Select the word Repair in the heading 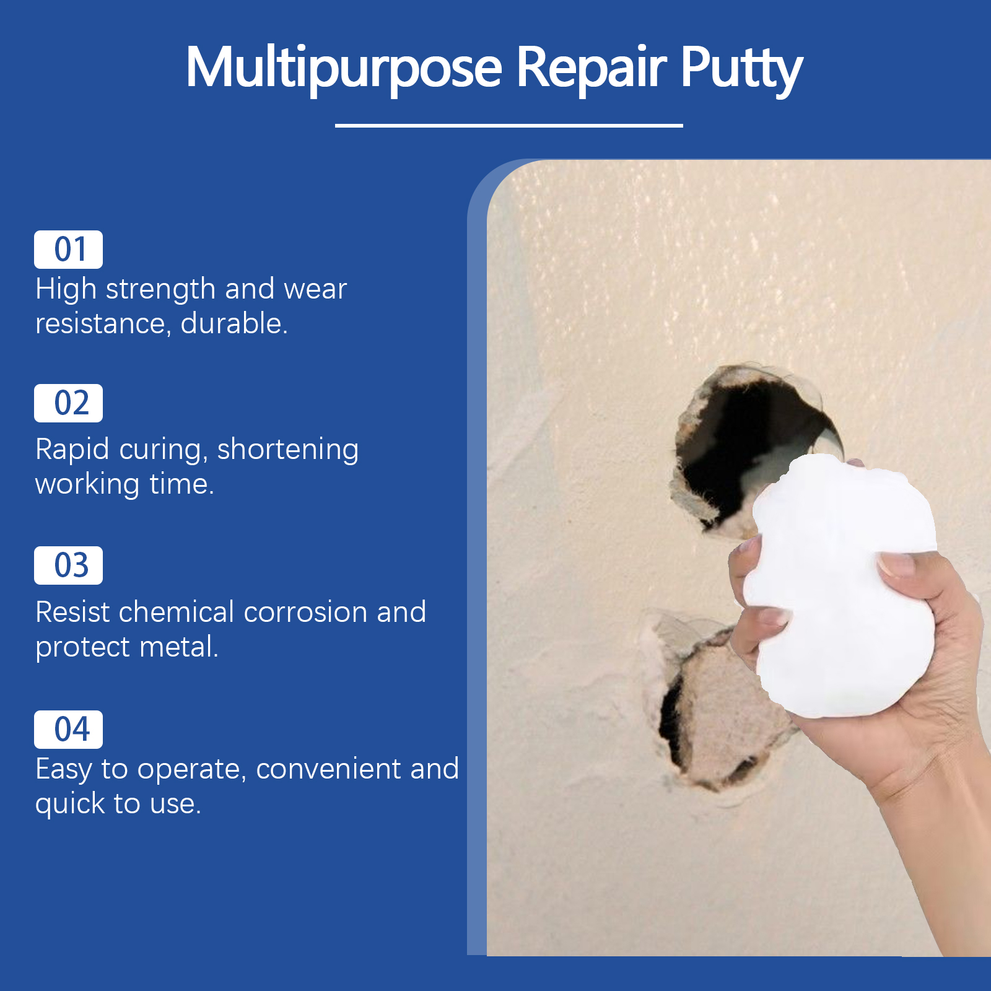[x=592, y=67]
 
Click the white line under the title [x=509, y=126]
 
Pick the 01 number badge [x=68, y=250]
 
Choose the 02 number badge [x=68, y=403]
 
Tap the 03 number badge [x=68, y=565]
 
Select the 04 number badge [x=68, y=729]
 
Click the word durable [x=234, y=323]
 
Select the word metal [x=179, y=647]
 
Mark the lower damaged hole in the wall [x=712, y=706]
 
